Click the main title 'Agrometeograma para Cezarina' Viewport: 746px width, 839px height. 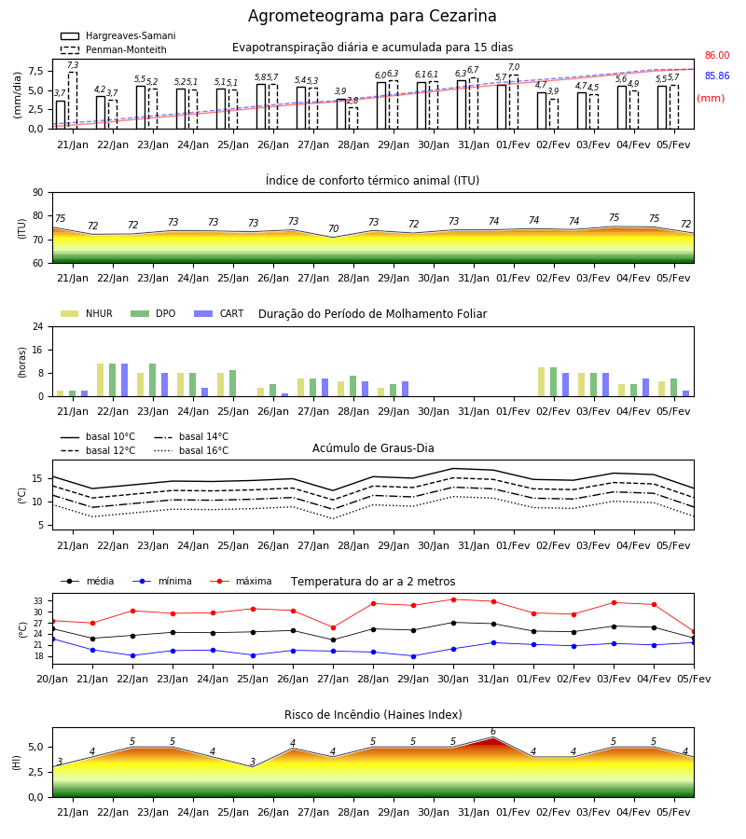pyautogui.click(x=372, y=16)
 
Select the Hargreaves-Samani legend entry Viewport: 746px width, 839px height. pyautogui.click(x=118, y=35)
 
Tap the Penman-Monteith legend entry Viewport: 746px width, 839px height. pyautogui.click(x=114, y=49)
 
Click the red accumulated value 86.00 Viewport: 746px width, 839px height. pyautogui.click(x=717, y=55)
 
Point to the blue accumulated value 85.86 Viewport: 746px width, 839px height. pyautogui.click(x=717, y=76)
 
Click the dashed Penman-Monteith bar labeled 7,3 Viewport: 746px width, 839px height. pyautogui.click(x=73, y=101)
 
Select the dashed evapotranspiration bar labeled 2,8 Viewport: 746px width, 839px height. pyautogui.click(x=353, y=118)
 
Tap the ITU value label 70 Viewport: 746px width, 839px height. pyautogui.click(x=334, y=228)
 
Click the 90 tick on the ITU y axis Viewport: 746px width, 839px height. pyautogui.click(x=38, y=193)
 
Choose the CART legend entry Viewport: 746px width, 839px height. pyautogui.click(x=219, y=313)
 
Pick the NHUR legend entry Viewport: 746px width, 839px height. pyautogui.click(x=87, y=313)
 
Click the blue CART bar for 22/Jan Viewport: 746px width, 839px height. pyautogui.click(x=125, y=380)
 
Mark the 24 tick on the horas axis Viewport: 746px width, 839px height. pyautogui.click(x=38, y=326)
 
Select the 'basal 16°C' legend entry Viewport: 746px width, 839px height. pyautogui.click(x=191, y=450)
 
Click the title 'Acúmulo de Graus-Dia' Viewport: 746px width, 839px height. pyautogui.click(x=373, y=448)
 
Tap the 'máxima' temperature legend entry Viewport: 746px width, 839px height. pyautogui.click(x=241, y=581)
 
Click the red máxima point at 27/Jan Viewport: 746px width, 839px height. pyautogui.click(x=334, y=627)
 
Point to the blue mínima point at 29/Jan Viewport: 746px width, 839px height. pyautogui.click(x=414, y=656)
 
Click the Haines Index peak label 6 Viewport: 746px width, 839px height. pyautogui.click(x=493, y=732)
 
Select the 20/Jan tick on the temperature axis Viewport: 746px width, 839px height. pyautogui.click(x=52, y=679)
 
